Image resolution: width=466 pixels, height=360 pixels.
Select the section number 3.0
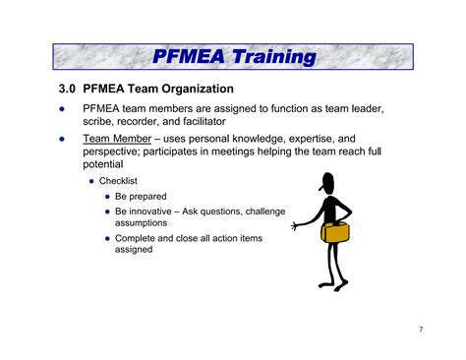click(x=67, y=89)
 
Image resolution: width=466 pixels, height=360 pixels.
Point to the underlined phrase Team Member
click(x=117, y=140)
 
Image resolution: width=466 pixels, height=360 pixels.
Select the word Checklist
click(x=119, y=181)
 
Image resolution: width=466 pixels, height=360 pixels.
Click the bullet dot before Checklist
click(x=92, y=181)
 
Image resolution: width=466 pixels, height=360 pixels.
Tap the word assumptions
click(x=142, y=223)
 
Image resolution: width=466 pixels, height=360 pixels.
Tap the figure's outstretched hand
click(x=294, y=226)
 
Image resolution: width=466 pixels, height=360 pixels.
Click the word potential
click(x=105, y=165)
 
